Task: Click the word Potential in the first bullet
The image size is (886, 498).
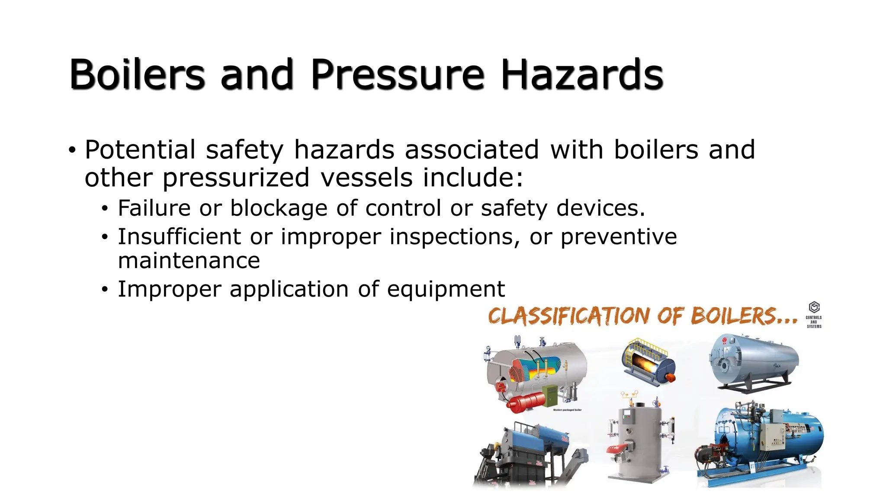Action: (140, 150)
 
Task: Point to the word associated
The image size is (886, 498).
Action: (472, 150)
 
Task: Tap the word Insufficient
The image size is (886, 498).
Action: (179, 237)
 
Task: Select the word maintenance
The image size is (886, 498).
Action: (189, 261)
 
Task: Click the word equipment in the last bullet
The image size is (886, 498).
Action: (446, 290)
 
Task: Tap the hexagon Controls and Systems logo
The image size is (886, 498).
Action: (814, 308)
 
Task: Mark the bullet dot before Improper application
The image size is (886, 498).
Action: (104, 290)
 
